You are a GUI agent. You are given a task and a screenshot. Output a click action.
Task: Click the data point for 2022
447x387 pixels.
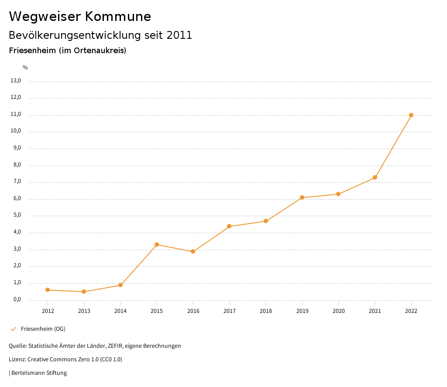click(x=411, y=115)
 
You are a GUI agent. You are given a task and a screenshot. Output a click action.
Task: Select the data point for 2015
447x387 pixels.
click(x=157, y=244)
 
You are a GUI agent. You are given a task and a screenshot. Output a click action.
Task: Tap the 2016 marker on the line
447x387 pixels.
click(x=193, y=251)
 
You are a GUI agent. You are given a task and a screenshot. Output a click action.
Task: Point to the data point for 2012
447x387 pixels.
click(x=48, y=290)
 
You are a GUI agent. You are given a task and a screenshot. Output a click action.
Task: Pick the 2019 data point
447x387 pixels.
click(x=302, y=197)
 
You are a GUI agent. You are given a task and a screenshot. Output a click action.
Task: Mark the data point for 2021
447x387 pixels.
click(x=375, y=177)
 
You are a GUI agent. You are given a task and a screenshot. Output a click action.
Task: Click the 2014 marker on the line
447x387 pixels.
click(x=120, y=285)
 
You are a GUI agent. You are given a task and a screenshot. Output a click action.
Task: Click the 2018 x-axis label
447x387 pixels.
click(x=266, y=311)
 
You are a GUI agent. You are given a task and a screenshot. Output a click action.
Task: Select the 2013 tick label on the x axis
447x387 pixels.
click(x=84, y=311)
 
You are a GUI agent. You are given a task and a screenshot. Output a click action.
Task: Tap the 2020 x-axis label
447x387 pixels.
click(x=338, y=311)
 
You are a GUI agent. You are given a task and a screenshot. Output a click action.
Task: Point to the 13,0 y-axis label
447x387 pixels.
click(x=16, y=81)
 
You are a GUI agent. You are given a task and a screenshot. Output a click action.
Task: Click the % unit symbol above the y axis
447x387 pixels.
click(x=25, y=68)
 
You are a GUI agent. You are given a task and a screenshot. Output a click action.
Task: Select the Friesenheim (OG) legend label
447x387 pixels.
click(x=43, y=329)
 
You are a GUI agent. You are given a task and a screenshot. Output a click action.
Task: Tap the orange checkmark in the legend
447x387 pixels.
click(x=13, y=329)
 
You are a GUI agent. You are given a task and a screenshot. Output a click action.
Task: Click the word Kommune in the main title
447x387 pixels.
click(x=118, y=17)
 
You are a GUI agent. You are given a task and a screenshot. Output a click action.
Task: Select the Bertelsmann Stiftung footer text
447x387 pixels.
click(x=39, y=373)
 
